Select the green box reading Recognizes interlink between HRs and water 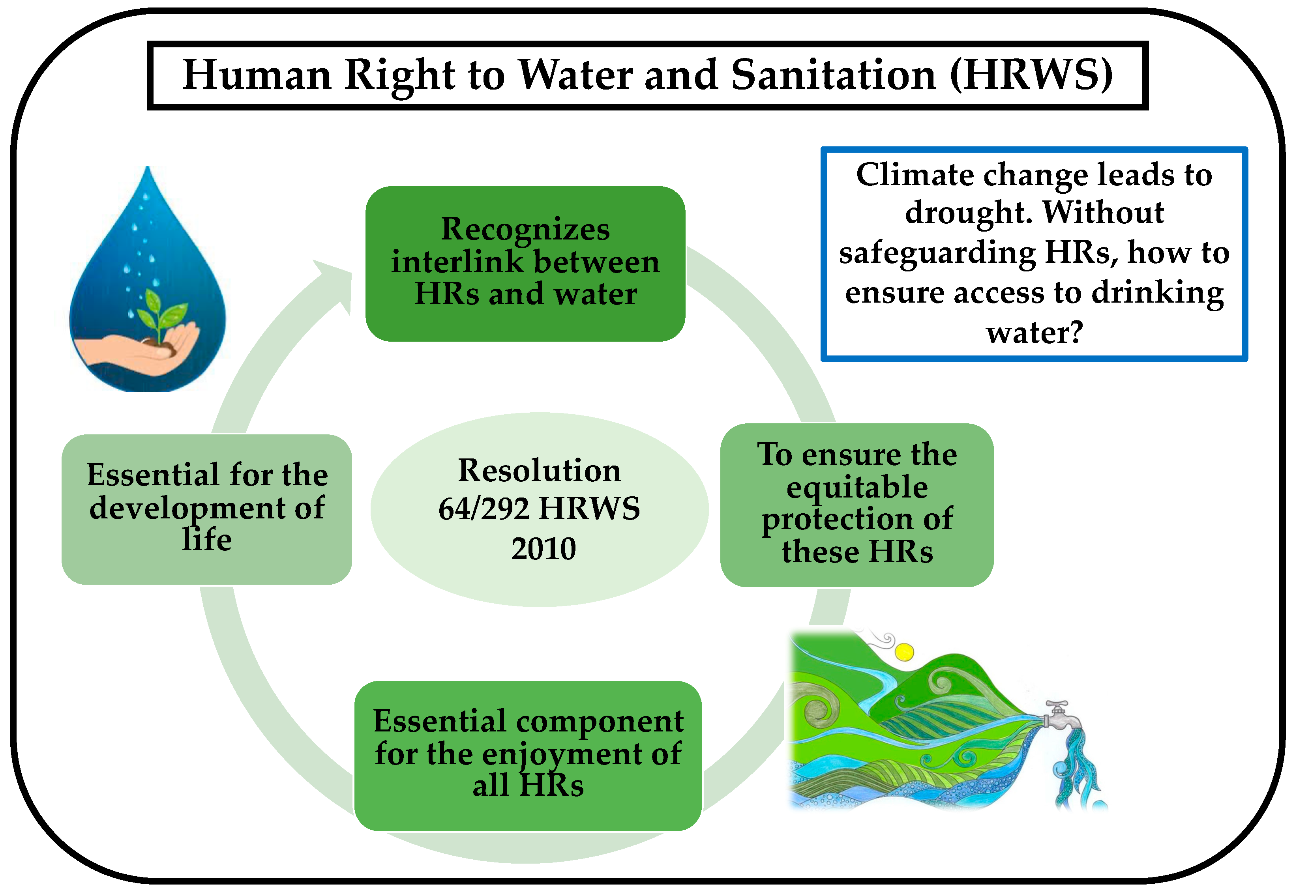coord(525,264)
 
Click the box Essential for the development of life coord(207,509)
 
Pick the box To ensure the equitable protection coord(857,505)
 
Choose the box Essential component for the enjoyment coord(528,756)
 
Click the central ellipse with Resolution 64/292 coord(540,509)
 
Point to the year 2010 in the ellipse coord(543,548)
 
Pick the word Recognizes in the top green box coord(525,229)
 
